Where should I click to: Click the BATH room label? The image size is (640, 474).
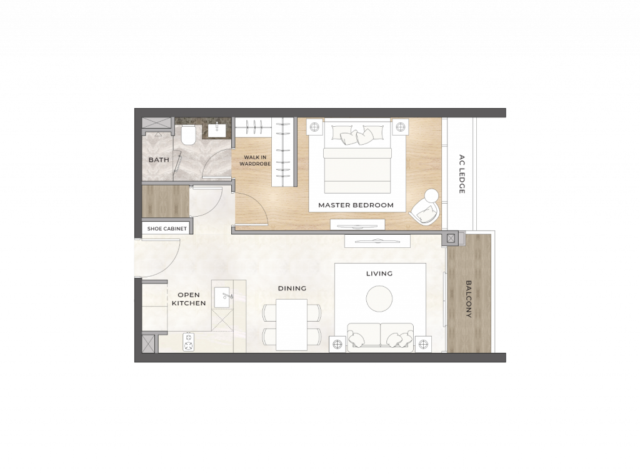[159, 160]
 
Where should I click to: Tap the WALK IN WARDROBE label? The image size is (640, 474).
[255, 160]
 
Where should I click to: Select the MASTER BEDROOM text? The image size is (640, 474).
[356, 205]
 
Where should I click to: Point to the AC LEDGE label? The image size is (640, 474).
[462, 174]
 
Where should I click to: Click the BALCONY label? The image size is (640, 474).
[469, 299]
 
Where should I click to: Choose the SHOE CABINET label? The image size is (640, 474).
[167, 229]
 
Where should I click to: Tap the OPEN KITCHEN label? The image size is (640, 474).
[189, 299]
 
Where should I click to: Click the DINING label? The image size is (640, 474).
[292, 289]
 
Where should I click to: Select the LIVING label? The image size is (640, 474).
[379, 274]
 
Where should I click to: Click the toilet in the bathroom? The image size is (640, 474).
[189, 135]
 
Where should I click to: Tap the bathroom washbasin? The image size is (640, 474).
[217, 130]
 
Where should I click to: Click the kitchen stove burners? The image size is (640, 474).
[189, 342]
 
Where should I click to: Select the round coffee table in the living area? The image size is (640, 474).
[379, 299]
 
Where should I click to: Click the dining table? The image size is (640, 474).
[291, 325]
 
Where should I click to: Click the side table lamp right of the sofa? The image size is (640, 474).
[423, 345]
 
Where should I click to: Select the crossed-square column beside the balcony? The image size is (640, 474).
[451, 239]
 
